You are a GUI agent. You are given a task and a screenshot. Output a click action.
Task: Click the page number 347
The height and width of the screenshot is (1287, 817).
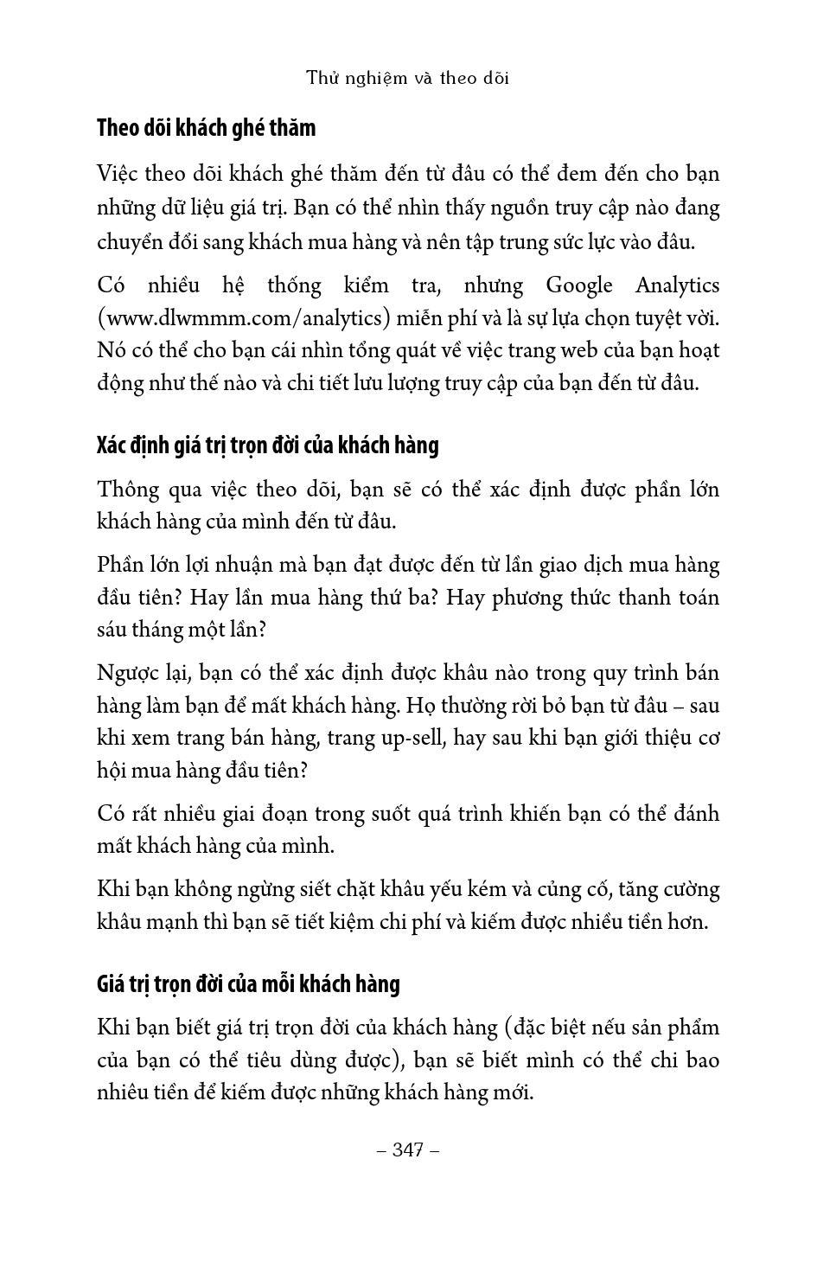click(408, 1149)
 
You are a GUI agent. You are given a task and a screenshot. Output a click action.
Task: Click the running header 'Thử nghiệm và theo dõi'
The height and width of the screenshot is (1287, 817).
click(408, 78)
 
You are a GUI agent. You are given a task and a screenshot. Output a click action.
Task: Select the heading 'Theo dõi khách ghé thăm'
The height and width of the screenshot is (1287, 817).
click(206, 128)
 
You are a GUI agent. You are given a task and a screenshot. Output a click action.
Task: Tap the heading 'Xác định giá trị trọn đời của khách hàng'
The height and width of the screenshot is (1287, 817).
click(267, 445)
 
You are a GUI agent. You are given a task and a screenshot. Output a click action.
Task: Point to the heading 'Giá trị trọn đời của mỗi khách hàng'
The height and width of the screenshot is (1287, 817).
click(248, 984)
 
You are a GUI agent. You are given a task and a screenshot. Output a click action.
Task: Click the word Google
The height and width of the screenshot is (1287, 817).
click(578, 285)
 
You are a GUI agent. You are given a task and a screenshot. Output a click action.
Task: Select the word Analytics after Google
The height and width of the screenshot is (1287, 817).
click(677, 285)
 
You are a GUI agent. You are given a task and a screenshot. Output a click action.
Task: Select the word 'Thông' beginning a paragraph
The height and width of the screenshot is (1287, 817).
click(129, 490)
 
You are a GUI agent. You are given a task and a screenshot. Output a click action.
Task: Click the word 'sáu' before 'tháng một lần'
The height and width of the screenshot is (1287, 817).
click(111, 630)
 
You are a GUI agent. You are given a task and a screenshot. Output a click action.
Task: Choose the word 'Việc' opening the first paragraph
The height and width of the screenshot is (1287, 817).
click(118, 174)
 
